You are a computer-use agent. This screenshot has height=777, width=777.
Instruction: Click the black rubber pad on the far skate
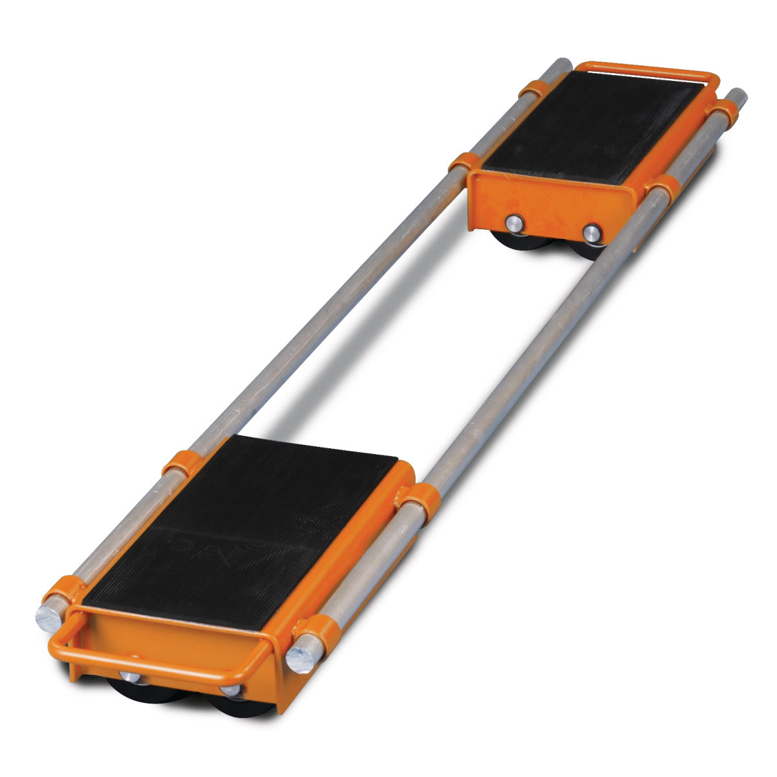(x=592, y=126)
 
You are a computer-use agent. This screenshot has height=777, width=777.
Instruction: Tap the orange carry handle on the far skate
(x=647, y=69)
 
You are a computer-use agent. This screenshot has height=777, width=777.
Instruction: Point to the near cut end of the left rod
(x=49, y=618)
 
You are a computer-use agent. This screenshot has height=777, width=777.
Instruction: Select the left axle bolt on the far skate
(x=513, y=224)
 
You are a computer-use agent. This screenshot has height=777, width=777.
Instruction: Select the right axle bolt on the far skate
(x=591, y=233)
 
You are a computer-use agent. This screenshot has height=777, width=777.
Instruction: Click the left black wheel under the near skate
(x=139, y=693)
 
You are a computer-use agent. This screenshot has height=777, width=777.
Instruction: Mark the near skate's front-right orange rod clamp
(x=317, y=631)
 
